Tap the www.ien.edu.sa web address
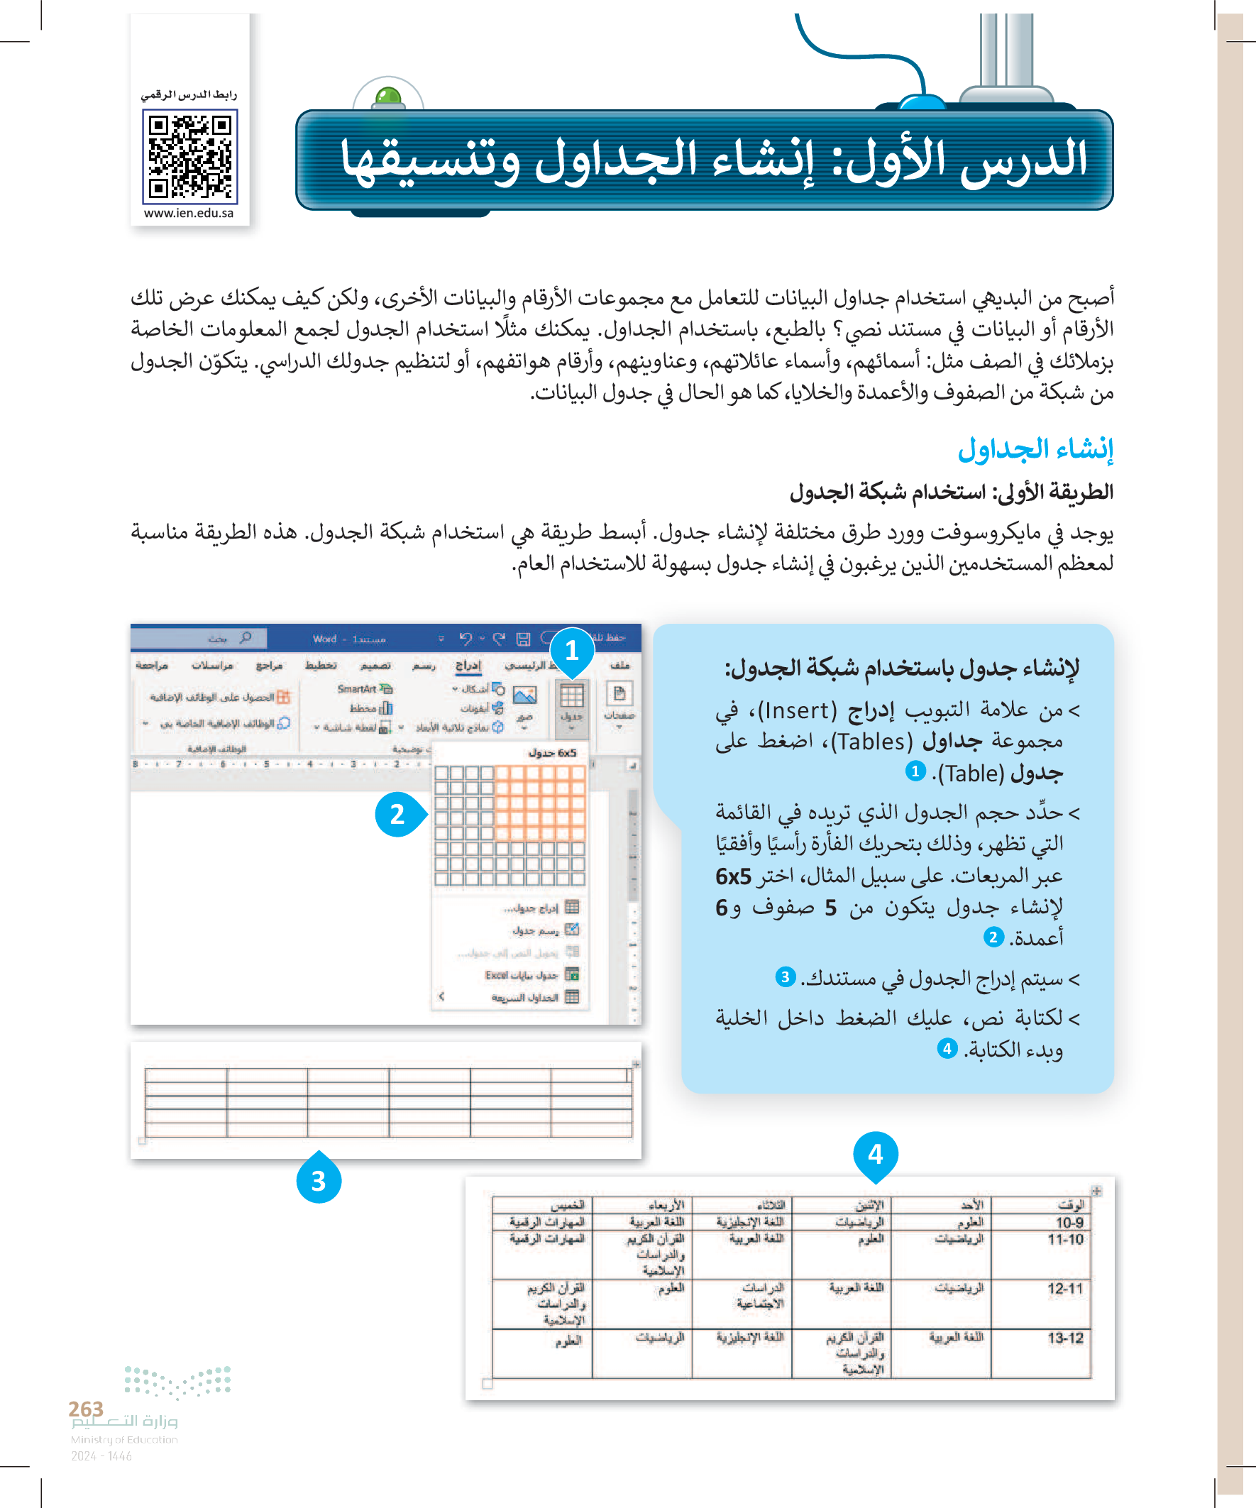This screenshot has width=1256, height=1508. [x=189, y=214]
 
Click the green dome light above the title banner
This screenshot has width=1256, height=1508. [x=388, y=97]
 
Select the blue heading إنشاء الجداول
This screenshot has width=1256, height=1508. [x=1035, y=449]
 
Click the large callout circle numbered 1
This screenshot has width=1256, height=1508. [x=572, y=651]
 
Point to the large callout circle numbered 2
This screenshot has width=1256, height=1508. [x=397, y=815]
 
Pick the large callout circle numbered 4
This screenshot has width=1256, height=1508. [x=875, y=1154]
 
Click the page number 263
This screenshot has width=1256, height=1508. [x=86, y=1408]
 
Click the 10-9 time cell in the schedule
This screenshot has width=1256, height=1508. [x=1069, y=1223]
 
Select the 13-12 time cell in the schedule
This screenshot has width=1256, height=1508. [x=1065, y=1338]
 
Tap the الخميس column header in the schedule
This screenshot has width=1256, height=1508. [x=567, y=1205]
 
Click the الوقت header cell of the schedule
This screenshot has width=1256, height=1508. [x=1071, y=1205]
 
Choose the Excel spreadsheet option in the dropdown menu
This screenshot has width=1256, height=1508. [x=522, y=975]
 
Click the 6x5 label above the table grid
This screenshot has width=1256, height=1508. [x=552, y=753]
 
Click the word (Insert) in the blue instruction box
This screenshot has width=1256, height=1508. [x=797, y=711]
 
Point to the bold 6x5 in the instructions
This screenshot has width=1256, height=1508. [x=733, y=877]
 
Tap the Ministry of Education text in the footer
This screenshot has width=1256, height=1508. [x=124, y=1440]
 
